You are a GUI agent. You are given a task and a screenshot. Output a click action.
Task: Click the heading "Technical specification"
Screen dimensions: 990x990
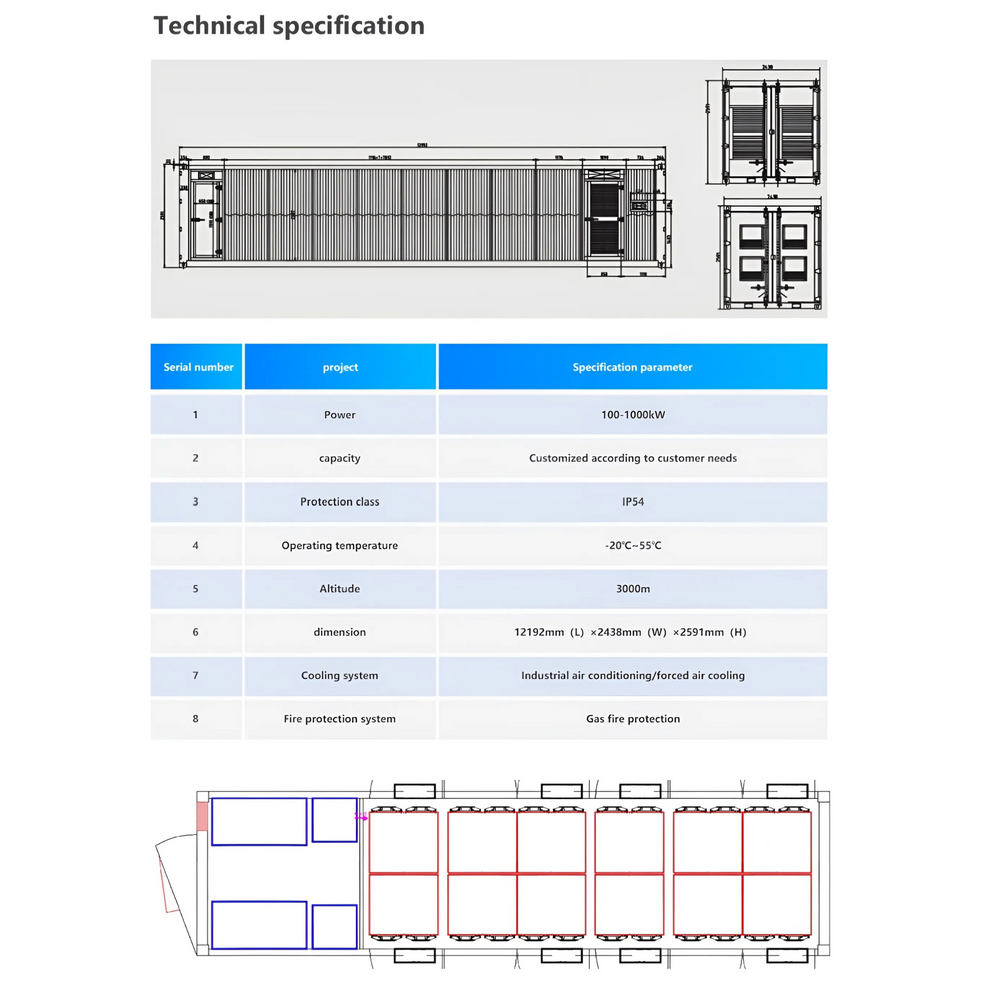pos(289,26)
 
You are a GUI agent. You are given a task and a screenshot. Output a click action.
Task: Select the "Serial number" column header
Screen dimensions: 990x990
pos(198,367)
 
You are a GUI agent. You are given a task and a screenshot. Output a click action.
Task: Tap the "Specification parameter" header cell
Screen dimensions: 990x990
pos(632,367)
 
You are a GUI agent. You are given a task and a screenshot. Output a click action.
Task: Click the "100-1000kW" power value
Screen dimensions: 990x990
pos(632,414)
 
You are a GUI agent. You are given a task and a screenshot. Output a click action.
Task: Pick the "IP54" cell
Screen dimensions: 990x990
pos(632,502)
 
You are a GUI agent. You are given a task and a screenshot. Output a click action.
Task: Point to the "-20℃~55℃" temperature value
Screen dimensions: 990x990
pos(632,545)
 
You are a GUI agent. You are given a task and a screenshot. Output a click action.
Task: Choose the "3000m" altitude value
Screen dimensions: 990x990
pos(632,589)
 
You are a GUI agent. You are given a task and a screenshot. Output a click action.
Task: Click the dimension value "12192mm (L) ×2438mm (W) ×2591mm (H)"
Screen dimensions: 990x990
pos(632,632)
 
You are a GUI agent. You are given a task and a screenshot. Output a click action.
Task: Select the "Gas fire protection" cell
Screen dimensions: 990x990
pos(632,719)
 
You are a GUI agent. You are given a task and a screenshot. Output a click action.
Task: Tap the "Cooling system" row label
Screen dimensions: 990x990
pos(340,676)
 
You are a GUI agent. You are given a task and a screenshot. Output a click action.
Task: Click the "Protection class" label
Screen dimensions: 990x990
pos(340,502)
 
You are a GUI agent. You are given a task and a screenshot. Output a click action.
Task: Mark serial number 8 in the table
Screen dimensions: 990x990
pos(196,719)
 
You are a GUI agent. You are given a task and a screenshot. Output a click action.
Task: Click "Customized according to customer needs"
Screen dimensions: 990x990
pos(632,458)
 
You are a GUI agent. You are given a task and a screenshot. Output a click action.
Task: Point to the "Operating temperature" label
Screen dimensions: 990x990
pos(340,545)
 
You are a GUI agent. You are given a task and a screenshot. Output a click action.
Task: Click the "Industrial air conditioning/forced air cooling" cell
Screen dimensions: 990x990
pos(632,676)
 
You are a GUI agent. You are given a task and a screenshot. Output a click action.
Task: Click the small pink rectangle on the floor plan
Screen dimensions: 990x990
pos(202,816)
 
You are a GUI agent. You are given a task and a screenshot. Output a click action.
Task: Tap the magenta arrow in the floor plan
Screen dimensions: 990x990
pos(362,817)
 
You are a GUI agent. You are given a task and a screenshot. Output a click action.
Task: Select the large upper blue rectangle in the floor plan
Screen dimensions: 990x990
pos(259,821)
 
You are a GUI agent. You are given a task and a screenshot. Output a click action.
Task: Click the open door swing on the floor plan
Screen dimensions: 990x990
pos(172,875)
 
